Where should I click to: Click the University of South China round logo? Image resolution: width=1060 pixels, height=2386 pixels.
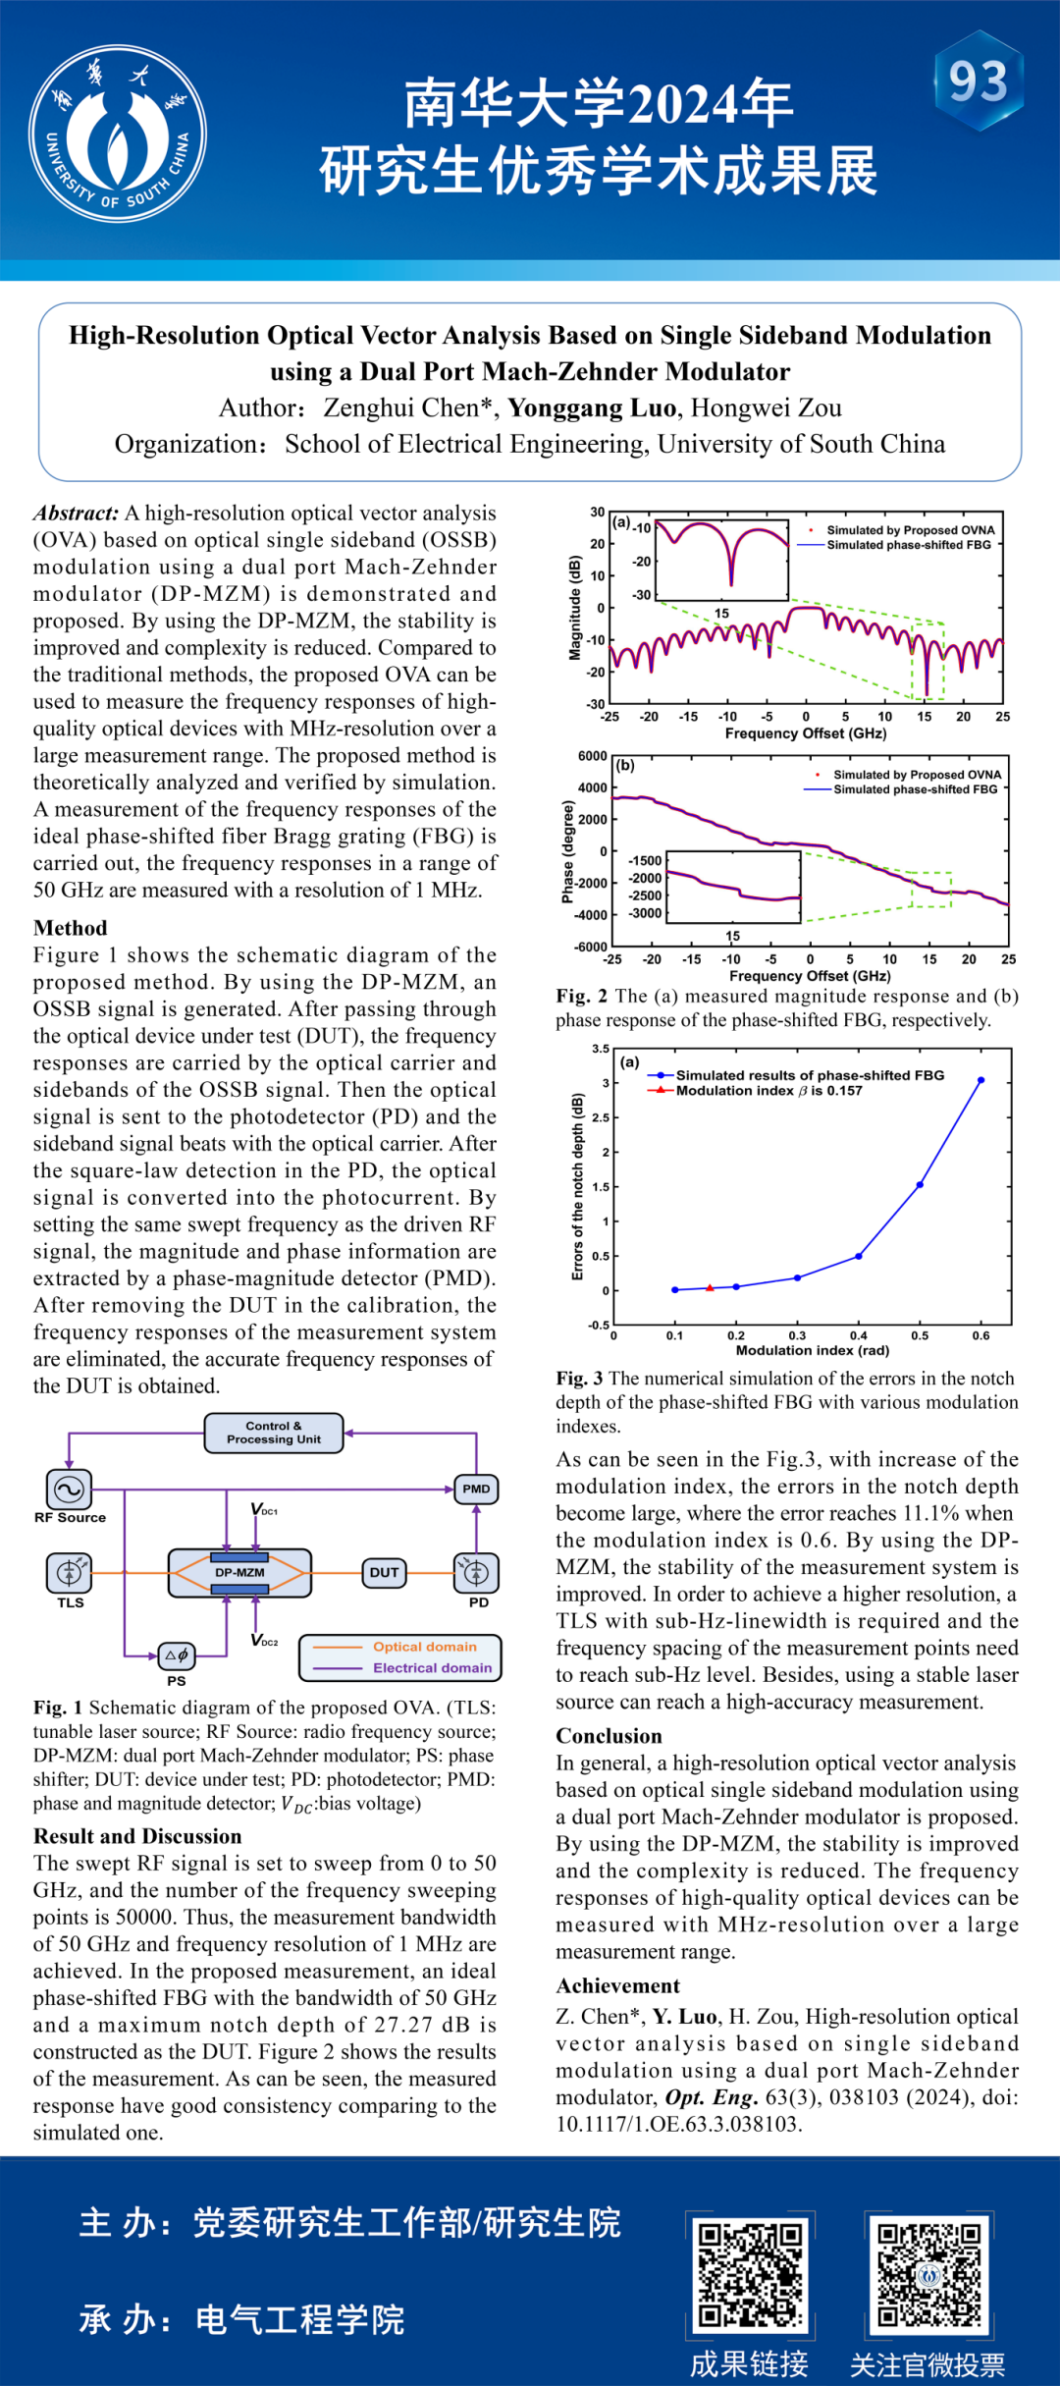pos(118,134)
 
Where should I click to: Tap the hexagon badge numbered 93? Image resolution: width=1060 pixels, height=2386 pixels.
pos(978,81)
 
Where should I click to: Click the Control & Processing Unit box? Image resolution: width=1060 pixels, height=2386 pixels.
pos(274,1433)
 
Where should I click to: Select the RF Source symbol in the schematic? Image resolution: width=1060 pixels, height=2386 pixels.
pos(69,1490)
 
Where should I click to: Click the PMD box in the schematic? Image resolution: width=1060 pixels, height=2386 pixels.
pos(476,1489)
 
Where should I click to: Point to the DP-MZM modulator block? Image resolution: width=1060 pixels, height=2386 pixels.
pos(240,1572)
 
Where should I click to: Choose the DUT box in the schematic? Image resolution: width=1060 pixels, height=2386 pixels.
pos(384,1572)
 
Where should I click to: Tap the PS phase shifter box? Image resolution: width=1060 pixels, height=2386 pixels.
pos(177,1655)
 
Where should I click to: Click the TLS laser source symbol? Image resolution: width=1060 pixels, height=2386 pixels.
pos(69,1572)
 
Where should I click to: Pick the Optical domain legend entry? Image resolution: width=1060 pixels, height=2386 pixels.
pos(424,1647)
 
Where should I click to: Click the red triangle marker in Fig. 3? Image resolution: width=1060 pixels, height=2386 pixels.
pos(710,1287)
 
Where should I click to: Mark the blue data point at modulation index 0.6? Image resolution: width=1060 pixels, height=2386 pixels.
pos(980,1080)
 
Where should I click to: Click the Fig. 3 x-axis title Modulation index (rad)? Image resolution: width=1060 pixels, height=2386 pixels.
pos(813,1350)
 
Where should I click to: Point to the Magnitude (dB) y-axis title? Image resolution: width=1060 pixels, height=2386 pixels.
pos(575,608)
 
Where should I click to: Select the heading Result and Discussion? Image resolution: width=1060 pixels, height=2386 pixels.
pos(137,1836)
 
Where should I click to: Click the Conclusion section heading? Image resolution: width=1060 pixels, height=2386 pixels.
pos(609,1736)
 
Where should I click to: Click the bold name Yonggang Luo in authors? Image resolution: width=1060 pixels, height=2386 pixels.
pos(592,407)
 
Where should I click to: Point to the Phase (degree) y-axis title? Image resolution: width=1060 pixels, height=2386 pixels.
pos(567,851)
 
